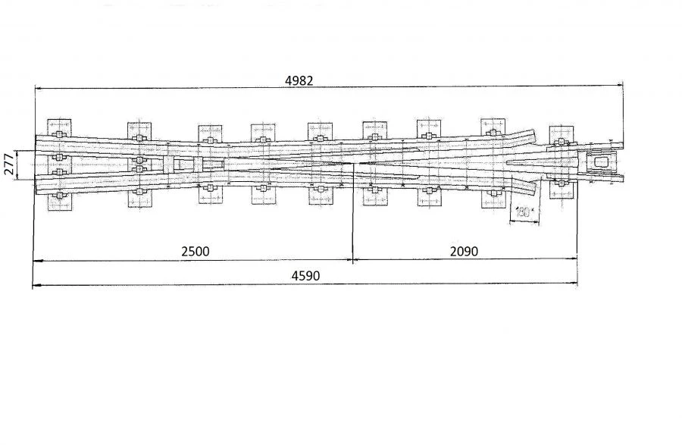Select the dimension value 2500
[195, 252]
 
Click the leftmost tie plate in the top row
[58, 129]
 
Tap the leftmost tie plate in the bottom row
[58, 199]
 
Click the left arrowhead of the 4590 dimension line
[35, 285]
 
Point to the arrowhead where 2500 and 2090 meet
[352, 261]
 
